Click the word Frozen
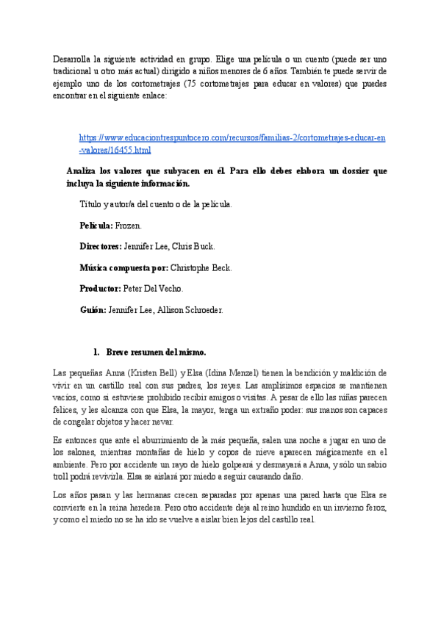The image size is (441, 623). (x=129, y=226)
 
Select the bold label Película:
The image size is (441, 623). (x=96, y=226)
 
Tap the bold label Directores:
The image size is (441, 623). (x=101, y=247)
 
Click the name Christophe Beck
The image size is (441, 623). (x=201, y=268)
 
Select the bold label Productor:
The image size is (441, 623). (x=101, y=289)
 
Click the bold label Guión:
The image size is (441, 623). (x=93, y=310)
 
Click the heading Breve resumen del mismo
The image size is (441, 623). (x=156, y=352)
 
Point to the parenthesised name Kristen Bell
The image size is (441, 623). (x=154, y=373)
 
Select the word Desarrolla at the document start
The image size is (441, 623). (x=73, y=59)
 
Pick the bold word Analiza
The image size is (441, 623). (x=82, y=171)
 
